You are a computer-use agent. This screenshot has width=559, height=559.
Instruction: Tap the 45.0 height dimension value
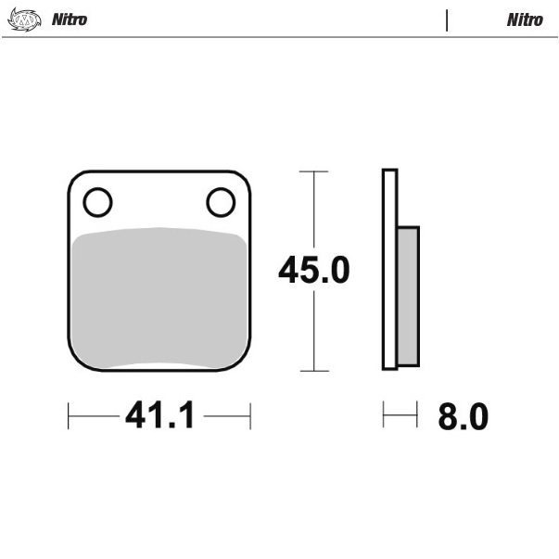click(314, 270)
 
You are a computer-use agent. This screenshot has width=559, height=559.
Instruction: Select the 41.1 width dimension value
click(159, 414)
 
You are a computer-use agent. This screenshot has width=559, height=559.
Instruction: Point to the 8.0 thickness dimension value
click(464, 416)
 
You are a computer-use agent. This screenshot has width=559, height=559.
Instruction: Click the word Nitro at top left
click(70, 19)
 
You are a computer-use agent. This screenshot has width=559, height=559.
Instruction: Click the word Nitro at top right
click(525, 19)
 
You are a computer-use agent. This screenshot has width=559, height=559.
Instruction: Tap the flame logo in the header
click(24, 19)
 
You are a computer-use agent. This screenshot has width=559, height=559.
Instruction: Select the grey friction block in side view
click(408, 297)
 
